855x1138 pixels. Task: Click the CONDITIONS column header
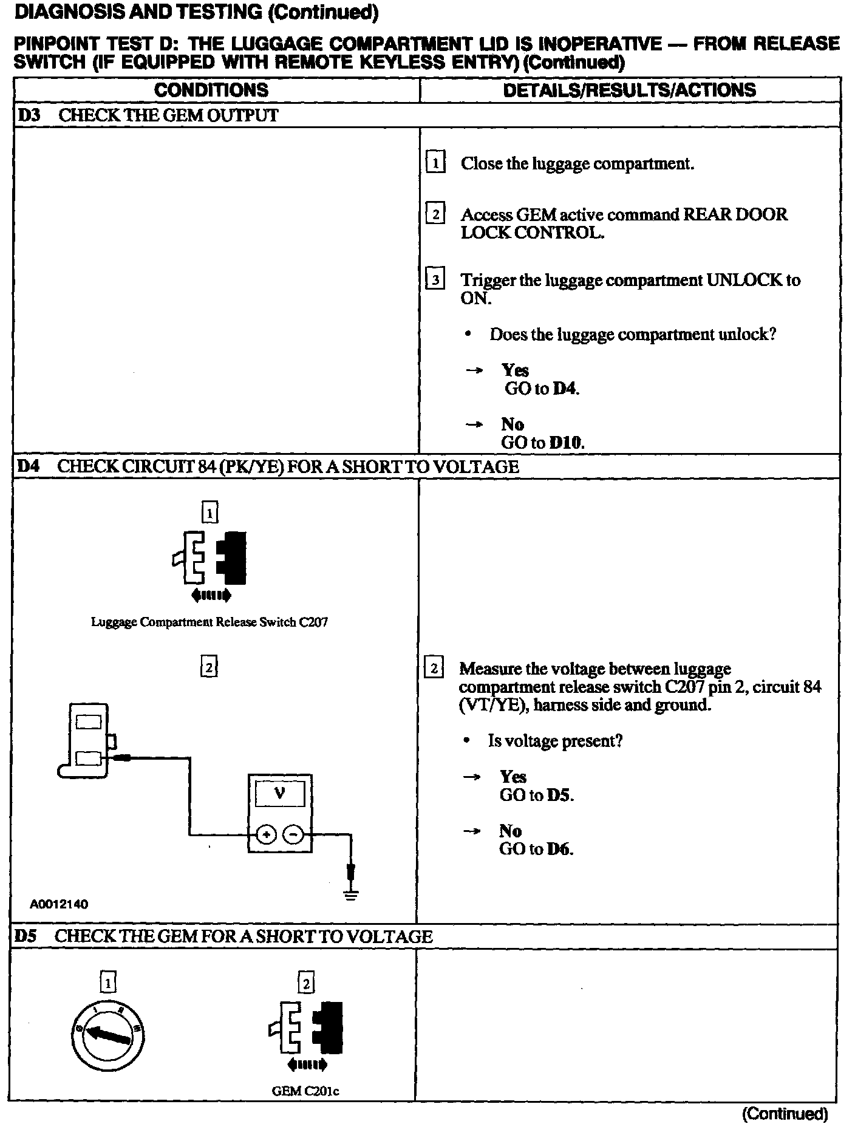(211, 90)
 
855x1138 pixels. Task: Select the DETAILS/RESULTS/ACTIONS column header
(630, 90)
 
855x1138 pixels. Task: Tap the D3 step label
(29, 115)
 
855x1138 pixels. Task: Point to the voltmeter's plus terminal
(266, 835)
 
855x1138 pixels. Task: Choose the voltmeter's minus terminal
(293, 835)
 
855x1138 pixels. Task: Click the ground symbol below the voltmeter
(351, 894)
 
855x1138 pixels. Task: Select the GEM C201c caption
(305, 1091)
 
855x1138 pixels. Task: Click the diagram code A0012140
(59, 904)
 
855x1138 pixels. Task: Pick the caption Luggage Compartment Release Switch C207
(209, 622)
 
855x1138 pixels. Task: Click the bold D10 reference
(565, 443)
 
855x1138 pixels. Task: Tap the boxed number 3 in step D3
(435, 280)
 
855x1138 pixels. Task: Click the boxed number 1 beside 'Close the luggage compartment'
(435, 163)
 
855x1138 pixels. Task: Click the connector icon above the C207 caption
(210, 558)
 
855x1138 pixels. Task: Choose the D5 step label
(27, 936)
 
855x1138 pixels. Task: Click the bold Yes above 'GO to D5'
(513, 777)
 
